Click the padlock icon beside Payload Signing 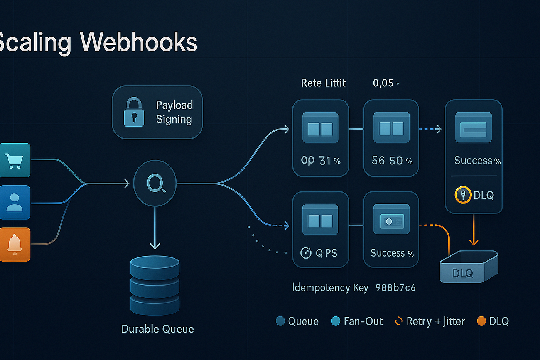pos(134,112)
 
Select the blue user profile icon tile pos(14,202)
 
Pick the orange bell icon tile pos(15,244)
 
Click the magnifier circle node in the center pos(155,184)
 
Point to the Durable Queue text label pos(157,329)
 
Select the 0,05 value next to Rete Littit pos(383,83)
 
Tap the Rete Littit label pos(323,83)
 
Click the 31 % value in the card pos(330,161)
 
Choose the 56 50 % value pos(392,161)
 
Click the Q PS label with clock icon pos(319,253)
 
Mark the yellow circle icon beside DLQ pos(463,195)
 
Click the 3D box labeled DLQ pos(469,267)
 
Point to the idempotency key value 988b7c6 pos(395,288)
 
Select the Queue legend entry pos(297,321)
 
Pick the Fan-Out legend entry pos(357,321)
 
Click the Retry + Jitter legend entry pos(430,321)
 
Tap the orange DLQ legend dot pos(481,321)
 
